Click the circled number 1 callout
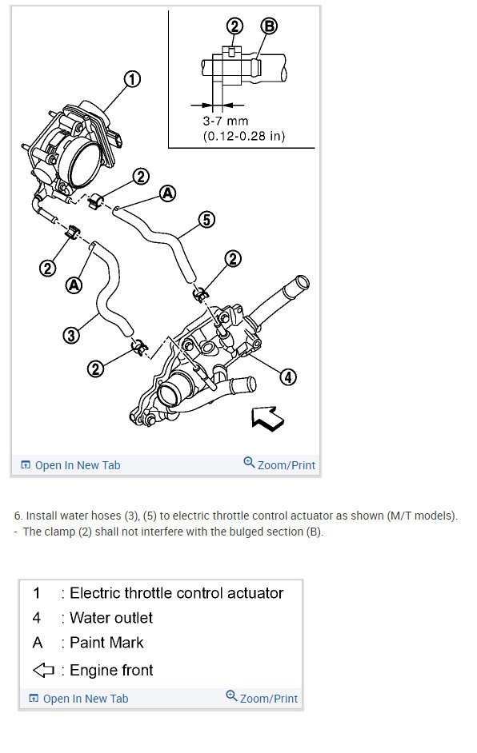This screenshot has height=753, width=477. click(132, 79)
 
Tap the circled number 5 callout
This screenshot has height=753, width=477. click(206, 220)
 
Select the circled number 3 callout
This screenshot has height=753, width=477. click(71, 335)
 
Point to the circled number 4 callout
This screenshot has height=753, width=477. click(288, 377)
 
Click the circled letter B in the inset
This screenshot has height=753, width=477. click(269, 26)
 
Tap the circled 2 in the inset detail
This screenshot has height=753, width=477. click(234, 26)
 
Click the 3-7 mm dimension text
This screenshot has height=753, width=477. click(226, 121)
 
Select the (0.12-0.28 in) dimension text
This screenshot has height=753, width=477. click(244, 136)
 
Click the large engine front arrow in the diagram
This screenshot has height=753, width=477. click(268, 418)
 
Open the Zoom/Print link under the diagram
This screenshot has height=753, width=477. click(279, 464)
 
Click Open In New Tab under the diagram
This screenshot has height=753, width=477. click(70, 465)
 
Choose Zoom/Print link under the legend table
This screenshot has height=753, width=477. click(262, 698)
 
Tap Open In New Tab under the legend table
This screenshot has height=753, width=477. click(79, 699)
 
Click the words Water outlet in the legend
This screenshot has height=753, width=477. click(111, 618)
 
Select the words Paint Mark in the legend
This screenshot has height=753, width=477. click(106, 643)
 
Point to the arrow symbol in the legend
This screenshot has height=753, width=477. click(43, 670)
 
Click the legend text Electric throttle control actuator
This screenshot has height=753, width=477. click(176, 593)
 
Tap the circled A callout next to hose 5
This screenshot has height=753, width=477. click(167, 193)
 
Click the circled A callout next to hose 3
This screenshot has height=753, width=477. click(74, 285)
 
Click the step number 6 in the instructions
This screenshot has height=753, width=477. click(18, 516)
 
